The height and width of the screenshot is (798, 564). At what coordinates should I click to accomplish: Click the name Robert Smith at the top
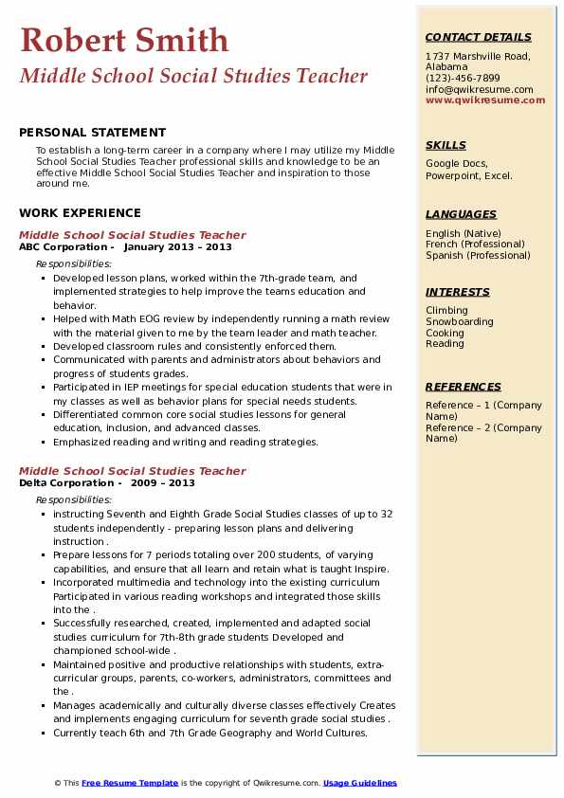point(124,40)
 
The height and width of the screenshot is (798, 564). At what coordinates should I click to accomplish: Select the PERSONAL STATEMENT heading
point(92,133)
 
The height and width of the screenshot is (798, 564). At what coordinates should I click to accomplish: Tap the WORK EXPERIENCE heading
point(80,213)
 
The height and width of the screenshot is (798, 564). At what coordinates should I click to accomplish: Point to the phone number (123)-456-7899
point(463,79)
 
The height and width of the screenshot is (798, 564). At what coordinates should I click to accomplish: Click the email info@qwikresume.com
point(479,89)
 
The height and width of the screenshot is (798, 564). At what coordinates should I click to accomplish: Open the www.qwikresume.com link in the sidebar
point(480,100)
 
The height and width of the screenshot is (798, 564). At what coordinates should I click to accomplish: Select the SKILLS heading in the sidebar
point(446,145)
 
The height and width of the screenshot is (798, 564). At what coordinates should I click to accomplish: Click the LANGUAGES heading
point(461,214)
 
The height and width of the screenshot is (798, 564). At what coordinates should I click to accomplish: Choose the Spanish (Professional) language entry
point(478,255)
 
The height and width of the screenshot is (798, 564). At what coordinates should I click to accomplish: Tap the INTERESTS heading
point(457,292)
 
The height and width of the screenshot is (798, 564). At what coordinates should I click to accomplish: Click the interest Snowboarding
point(460,321)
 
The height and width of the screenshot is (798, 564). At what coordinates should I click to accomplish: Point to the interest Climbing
point(446,310)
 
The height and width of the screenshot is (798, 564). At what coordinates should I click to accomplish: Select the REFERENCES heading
point(464,387)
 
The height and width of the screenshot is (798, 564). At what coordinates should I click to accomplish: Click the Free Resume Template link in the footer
point(130,783)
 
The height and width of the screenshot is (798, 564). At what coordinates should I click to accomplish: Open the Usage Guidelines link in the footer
point(360,783)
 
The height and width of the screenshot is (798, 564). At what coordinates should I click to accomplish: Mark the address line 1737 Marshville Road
point(477,56)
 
